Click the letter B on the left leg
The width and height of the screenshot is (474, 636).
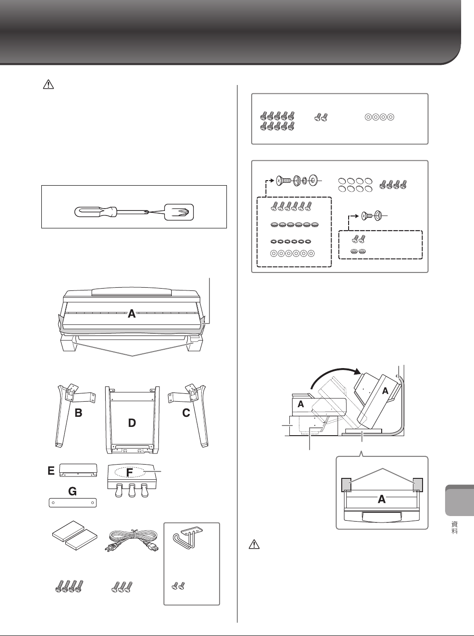coord(79,413)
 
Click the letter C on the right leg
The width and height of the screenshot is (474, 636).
coord(186,413)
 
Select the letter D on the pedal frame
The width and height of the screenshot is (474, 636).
coord(132,423)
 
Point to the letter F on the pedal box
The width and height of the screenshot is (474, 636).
coord(130,472)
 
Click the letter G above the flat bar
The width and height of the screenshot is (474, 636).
coord(73,492)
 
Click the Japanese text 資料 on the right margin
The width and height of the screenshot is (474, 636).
coord(456,528)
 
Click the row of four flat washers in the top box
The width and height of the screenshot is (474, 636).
coord(379,117)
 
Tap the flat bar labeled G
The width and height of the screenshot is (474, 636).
coord(73,503)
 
